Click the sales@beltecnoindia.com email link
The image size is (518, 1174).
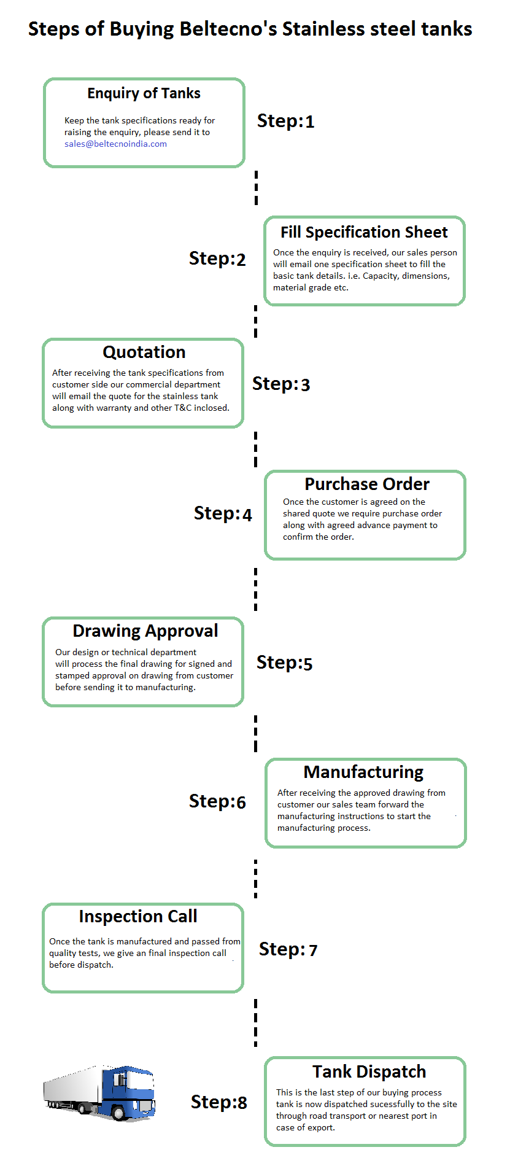click(115, 144)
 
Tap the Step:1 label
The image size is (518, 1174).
click(285, 121)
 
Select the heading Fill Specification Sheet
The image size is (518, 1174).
click(364, 232)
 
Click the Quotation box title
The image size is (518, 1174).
click(144, 352)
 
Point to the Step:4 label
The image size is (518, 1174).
click(223, 513)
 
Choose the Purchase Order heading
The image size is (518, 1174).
click(367, 484)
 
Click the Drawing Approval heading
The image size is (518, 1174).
click(145, 631)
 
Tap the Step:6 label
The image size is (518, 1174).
click(217, 801)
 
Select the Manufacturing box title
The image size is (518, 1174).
click(363, 772)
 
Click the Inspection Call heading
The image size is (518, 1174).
click(138, 916)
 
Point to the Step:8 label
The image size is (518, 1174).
click(218, 1102)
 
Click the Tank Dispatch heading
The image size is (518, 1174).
click(369, 1071)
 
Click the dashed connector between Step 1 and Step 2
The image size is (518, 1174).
click(256, 188)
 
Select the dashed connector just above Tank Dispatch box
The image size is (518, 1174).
click(256, 1022)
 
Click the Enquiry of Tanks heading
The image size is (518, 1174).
click(144, 93)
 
